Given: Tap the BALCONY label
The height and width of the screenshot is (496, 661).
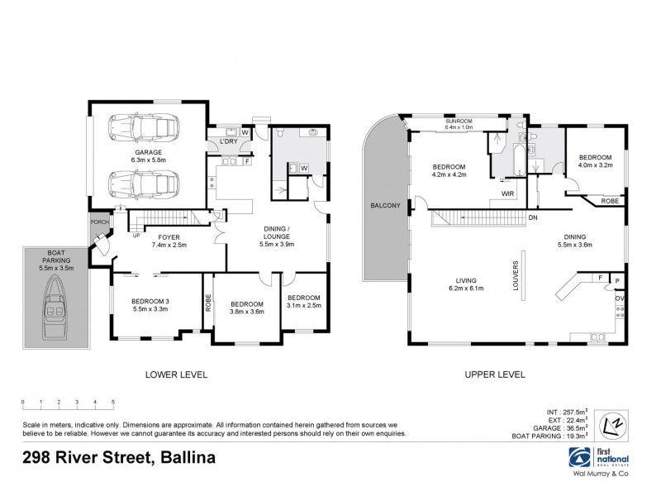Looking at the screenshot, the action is (x=385, y=205).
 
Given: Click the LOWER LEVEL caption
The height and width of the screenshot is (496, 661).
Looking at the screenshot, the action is (x=177, y=374).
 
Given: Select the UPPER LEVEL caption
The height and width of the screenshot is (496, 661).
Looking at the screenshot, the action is (x=496, y=374).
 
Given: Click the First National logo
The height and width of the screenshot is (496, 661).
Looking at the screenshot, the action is (x=600, y=457).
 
